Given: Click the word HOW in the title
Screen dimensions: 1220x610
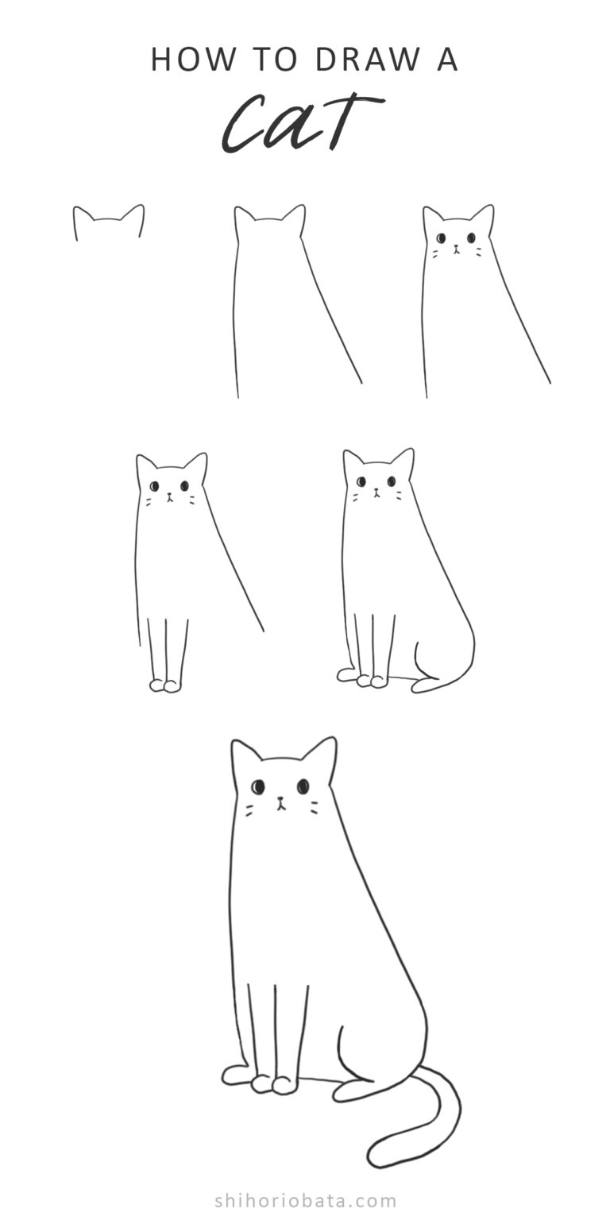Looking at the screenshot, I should pos(182,60).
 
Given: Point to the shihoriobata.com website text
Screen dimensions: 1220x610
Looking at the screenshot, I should pos(305,1200).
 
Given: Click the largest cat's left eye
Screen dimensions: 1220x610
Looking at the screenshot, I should pos(257,786).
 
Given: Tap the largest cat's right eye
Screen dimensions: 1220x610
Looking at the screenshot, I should pos(303,786).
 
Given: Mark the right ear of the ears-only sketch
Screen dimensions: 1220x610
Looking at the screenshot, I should pos(135,214).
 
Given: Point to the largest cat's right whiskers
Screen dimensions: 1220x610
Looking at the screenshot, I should pos(314,808).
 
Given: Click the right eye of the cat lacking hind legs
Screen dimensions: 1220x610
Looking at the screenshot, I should pos(184,485).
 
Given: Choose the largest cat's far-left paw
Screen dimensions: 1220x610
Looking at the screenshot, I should pos(235,1075).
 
